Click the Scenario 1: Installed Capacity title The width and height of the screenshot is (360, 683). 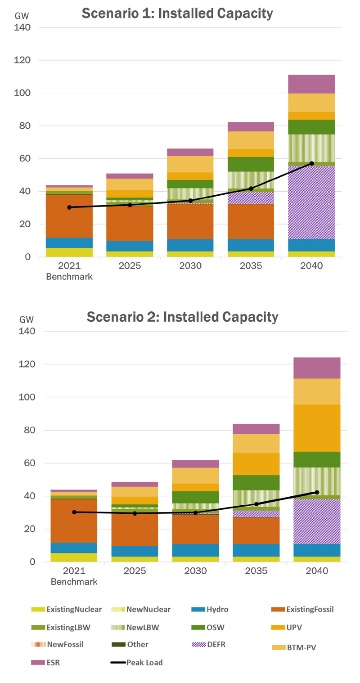click(x=177, y=13)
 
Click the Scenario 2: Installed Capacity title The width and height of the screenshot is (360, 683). click(x=182, y=317)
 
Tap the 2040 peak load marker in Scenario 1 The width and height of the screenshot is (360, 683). click(x=311, y=163)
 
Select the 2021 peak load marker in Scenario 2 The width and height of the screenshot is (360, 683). click(x=74, y=512)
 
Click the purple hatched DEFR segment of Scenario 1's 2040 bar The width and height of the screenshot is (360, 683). click(x=311, y=202)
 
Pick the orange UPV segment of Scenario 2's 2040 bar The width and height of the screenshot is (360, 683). click(x=317, y=428)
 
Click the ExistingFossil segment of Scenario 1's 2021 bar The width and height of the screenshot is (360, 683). click(x=69, y=216)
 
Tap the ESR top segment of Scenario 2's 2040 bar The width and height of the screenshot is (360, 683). click(x=317, y=368)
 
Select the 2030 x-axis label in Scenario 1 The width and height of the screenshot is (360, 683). click(x=190, y=266)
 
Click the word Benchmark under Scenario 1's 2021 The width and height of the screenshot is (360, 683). click(x=69, y=277)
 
